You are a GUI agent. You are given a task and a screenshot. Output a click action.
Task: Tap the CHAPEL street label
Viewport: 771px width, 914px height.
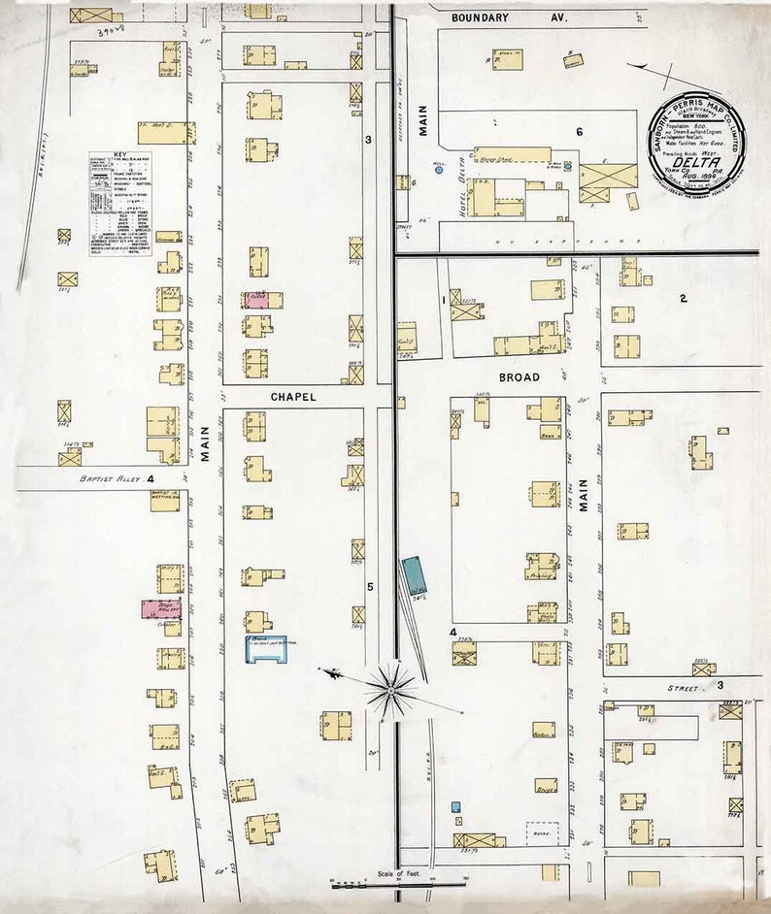(x=293, y=396)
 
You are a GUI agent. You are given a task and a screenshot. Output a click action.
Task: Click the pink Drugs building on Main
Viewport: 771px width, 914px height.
(x=161, y=608)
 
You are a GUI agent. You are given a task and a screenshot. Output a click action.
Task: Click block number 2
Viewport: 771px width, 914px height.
(x=683, y=298)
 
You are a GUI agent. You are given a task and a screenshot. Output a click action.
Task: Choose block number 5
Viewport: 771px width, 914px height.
(x=370, y=586)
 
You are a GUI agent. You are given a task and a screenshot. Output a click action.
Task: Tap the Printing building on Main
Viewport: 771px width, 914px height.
(x=542, y=566)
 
